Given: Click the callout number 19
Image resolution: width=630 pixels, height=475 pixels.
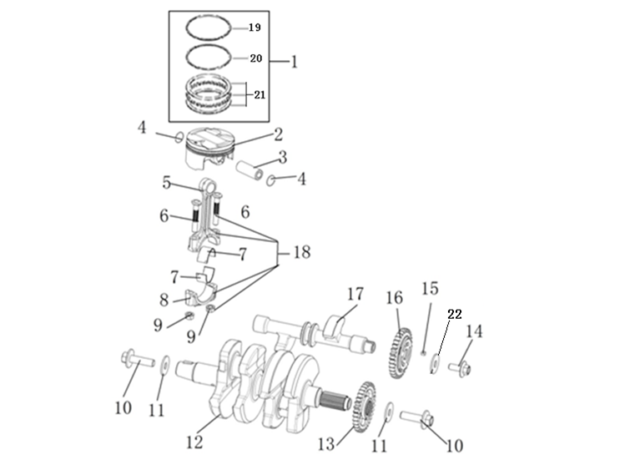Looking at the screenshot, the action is (255, 28).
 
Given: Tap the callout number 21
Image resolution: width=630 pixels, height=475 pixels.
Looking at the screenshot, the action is (260, 94).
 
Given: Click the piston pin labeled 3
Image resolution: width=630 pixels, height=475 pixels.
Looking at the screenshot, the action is (249, 171).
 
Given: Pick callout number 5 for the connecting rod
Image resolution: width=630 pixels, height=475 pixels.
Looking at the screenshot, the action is (167, 182).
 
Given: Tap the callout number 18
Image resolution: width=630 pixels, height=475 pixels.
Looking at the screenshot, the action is (302, 252).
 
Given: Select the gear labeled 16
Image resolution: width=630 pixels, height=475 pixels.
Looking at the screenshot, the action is (401, 353).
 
